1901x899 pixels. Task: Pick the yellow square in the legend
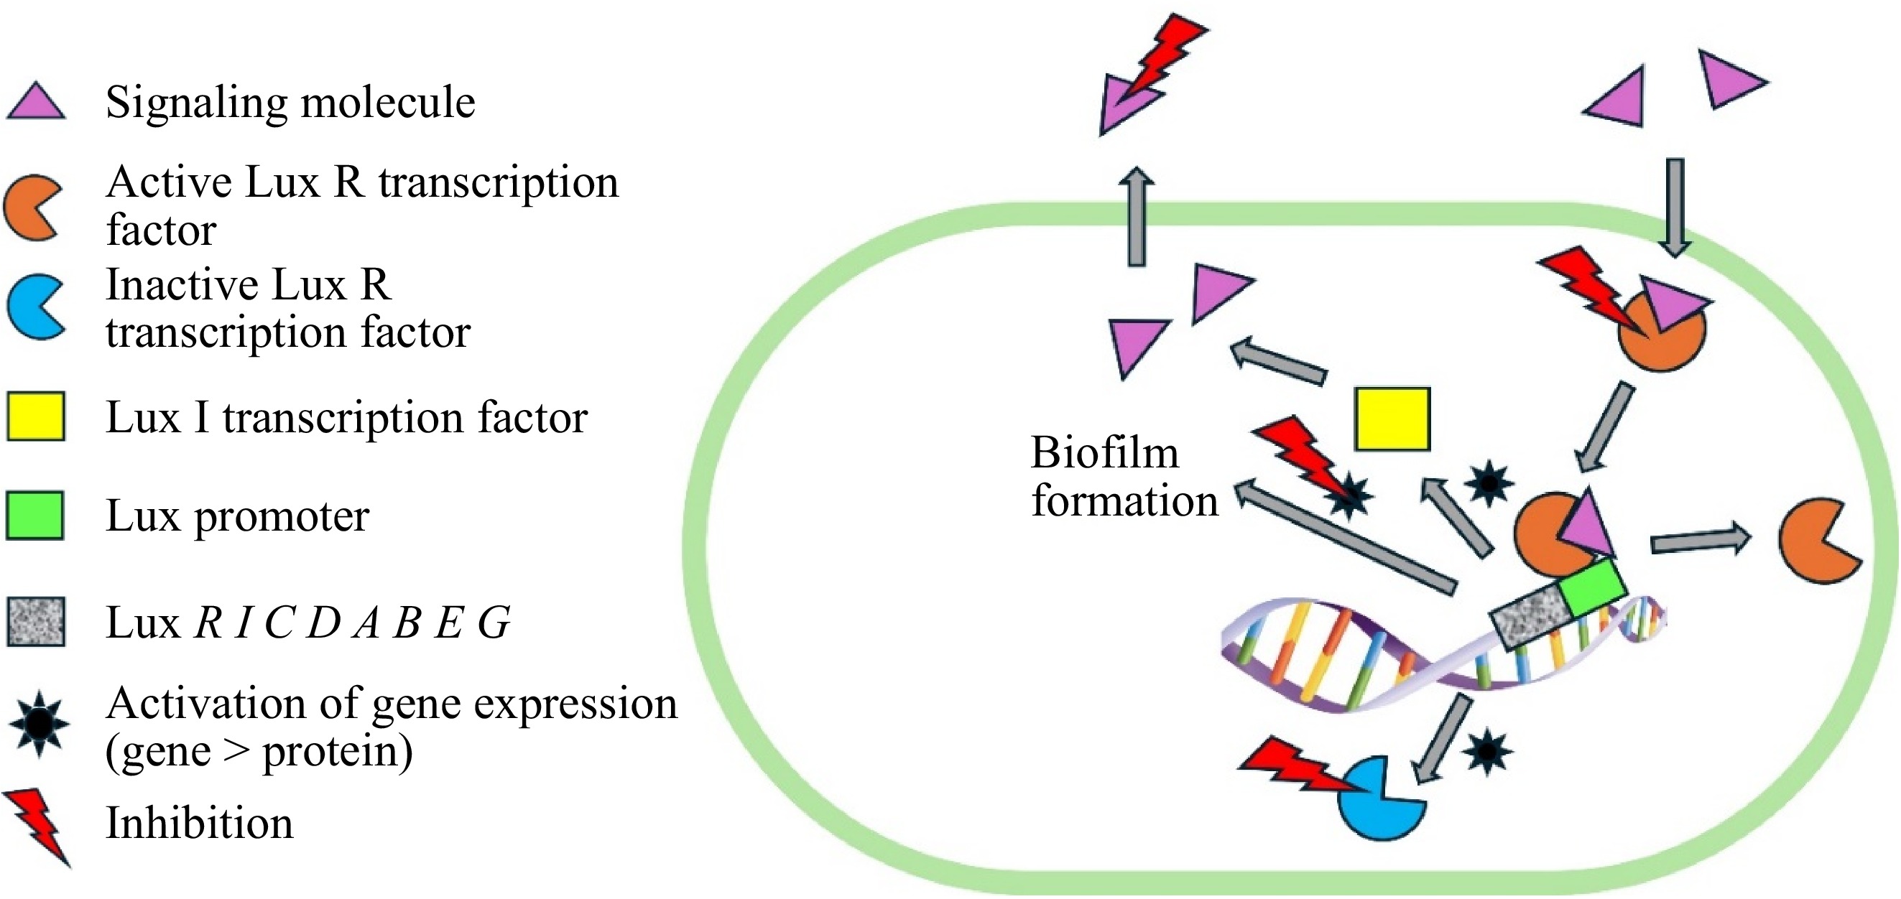pos(36,416)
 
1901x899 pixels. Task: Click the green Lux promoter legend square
pos(34,516)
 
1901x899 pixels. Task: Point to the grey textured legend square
pos(36,622)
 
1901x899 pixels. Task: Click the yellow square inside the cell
pos(1392,419)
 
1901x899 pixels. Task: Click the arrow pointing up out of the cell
pos(1137,218)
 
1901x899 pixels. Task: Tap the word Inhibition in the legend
pos(199,823)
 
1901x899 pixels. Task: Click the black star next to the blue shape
pos(1486,753)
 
